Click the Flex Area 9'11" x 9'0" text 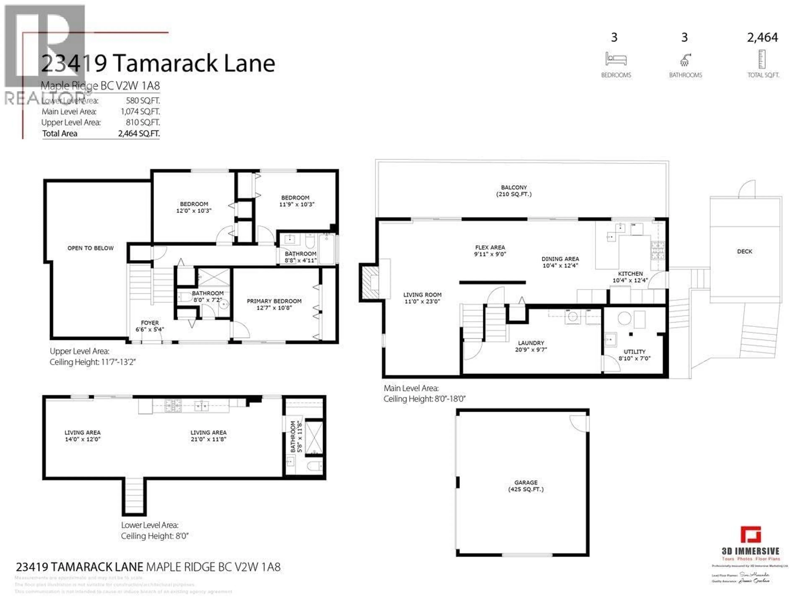(x=490, y=251)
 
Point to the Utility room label (x=634, y=355)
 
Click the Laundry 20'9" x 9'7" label (x=531, y=346)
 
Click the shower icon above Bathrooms (x=685, y=60)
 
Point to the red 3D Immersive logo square (x=750, y=535)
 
